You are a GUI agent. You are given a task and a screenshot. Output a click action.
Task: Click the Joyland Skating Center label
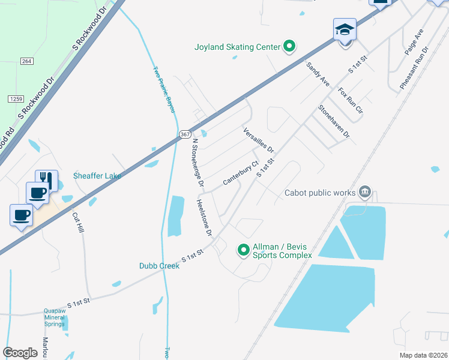tap(237, 47)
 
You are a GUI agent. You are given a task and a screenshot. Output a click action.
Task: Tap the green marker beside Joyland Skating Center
tap(289, 46)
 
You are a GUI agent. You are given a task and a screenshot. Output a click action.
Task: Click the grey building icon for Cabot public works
tap(364, 193)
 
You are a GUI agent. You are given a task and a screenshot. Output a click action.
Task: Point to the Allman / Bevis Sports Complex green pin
tap(243, 250)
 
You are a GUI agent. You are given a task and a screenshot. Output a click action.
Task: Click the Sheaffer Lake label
tap(97, 176)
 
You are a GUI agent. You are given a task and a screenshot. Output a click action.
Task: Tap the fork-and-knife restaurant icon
tap(46, 181)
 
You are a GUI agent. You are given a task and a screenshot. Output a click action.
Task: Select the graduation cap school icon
tap(345, 29)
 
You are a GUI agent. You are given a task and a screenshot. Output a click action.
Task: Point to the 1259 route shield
tap(16, 98)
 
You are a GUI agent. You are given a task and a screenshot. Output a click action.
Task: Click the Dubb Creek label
tap(159, 266)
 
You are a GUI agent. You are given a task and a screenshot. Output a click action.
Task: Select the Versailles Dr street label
tap(258, 140)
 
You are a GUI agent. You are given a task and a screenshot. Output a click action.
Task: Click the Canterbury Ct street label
tap(240, 173)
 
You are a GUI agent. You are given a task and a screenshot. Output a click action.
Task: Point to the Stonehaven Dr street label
tap(334, 122)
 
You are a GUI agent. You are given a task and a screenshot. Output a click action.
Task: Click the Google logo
tap(20, 352)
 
